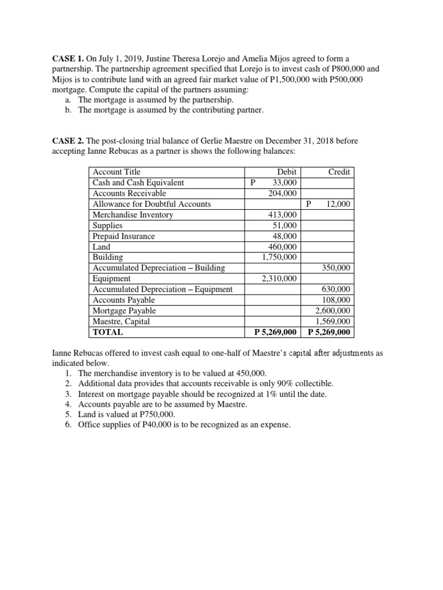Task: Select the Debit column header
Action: click(287, 172)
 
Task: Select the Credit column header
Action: click(340, 172)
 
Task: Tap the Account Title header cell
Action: click(117, 172)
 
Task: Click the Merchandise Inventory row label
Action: click(133, 215)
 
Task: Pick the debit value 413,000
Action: click(283, 215)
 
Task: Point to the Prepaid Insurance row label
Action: click(124, 236)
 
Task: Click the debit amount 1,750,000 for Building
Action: click(279, 258)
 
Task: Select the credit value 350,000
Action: click(337, 268)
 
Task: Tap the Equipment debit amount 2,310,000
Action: click(279, 279)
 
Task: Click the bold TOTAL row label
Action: click(108, 332)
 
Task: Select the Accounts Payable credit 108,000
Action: click(337, 300)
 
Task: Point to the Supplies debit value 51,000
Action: click(285, 225)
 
